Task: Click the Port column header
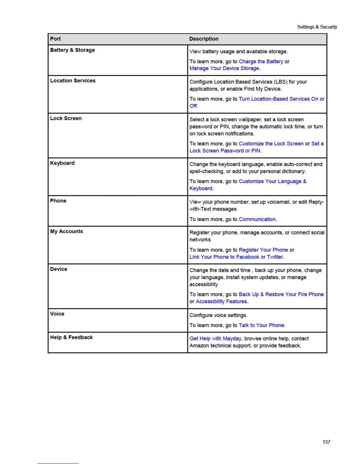[x=55, y=39]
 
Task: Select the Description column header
[x=204, y=39]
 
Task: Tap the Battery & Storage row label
[x=72, y=50]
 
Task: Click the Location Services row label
[x=73, y=81]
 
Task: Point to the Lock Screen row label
[x=66, y=118]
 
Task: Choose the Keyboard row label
[x=62, y=163]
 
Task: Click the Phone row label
[x=58, y=201]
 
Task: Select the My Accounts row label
[x=66, y=231]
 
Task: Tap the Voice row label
[x=57, y=314]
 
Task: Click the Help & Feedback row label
[x=71, y=337]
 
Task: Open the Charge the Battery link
[x=261, y=61]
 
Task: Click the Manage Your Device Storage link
[x=224, y=68]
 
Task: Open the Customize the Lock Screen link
[x=271, y=144]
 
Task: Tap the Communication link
[x=257, y=219]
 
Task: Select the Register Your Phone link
[x=263, y=250]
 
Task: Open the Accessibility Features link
[x=221, y=302]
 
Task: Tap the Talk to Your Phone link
[x=261, y=325]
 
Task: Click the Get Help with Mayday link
[x=215, y=339]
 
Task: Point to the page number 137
[x=326, y=442]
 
